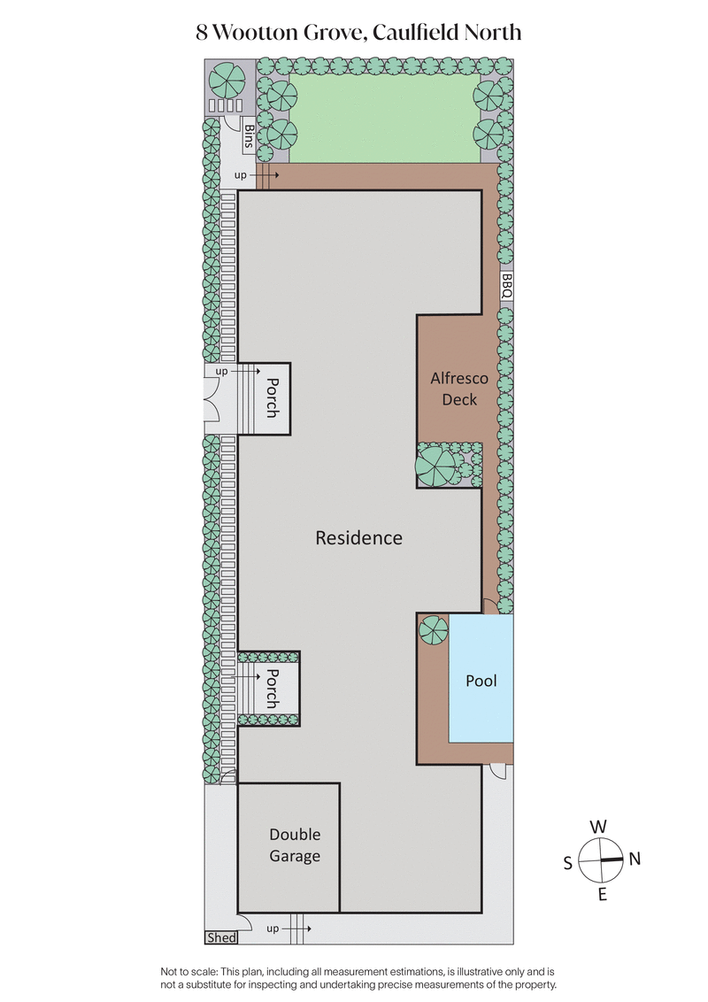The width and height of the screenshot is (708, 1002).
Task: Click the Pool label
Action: (481, 681)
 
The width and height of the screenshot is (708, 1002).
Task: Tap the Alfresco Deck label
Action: (458, 389)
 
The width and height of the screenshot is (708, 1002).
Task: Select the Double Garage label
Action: (295, 845)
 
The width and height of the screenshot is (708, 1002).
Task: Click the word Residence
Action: (358, 538)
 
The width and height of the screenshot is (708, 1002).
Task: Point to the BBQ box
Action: (506, 286)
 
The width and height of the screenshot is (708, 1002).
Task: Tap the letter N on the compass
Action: (635, 859)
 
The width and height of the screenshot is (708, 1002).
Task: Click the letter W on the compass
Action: (598, 827)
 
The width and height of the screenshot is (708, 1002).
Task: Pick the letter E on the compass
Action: (602, 894)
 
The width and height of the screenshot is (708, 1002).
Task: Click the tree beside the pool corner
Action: (434, 630)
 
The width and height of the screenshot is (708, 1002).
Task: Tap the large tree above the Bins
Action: (227, 81)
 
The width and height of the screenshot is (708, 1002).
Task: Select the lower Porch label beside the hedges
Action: (273, 688)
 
